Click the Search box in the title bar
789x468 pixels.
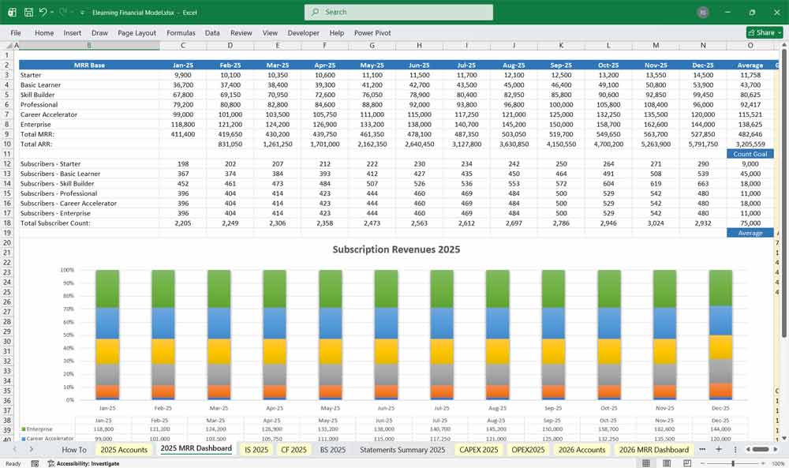[398, 12]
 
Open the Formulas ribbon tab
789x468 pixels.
[181, 33]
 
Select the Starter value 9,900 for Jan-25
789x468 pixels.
[182, 75]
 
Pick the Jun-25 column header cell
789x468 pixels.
[419, 66]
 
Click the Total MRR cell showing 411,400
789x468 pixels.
[182, 134]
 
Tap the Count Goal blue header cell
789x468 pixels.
[750, 154]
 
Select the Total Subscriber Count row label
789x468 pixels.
[56, 223]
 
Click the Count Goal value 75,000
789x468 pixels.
[750, 223]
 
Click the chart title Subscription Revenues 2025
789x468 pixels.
[396, 249]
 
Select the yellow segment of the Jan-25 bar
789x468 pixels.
[107, 351]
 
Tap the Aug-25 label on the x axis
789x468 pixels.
[498, 409]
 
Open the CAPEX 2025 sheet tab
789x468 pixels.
[478, 450]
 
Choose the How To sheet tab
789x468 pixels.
[74, 450]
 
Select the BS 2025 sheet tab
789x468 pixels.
[332, 450]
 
